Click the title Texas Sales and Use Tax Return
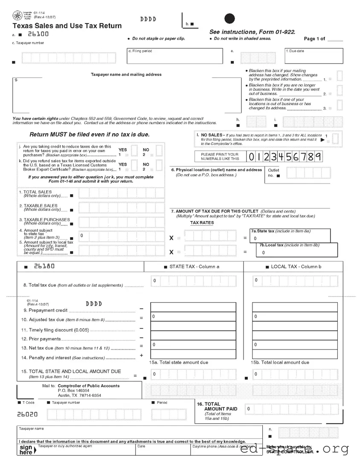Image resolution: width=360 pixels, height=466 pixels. coord(67,26)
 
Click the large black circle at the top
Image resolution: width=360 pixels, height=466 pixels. coord(229,19)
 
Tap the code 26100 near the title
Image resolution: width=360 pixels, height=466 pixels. coord(38,34)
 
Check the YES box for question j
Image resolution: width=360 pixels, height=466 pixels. coord(134,150)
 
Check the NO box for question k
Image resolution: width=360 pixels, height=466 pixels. coord(159,165)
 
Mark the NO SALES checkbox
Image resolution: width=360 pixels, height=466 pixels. coord(336,138)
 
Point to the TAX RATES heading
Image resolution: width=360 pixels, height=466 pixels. coord(202,223)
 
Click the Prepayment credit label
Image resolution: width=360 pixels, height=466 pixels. coord(46,310)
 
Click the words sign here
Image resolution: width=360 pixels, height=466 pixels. coord(26,449)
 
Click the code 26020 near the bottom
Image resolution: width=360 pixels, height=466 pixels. coord(27,414)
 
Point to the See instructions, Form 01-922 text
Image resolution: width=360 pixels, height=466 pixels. coord(252,32)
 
